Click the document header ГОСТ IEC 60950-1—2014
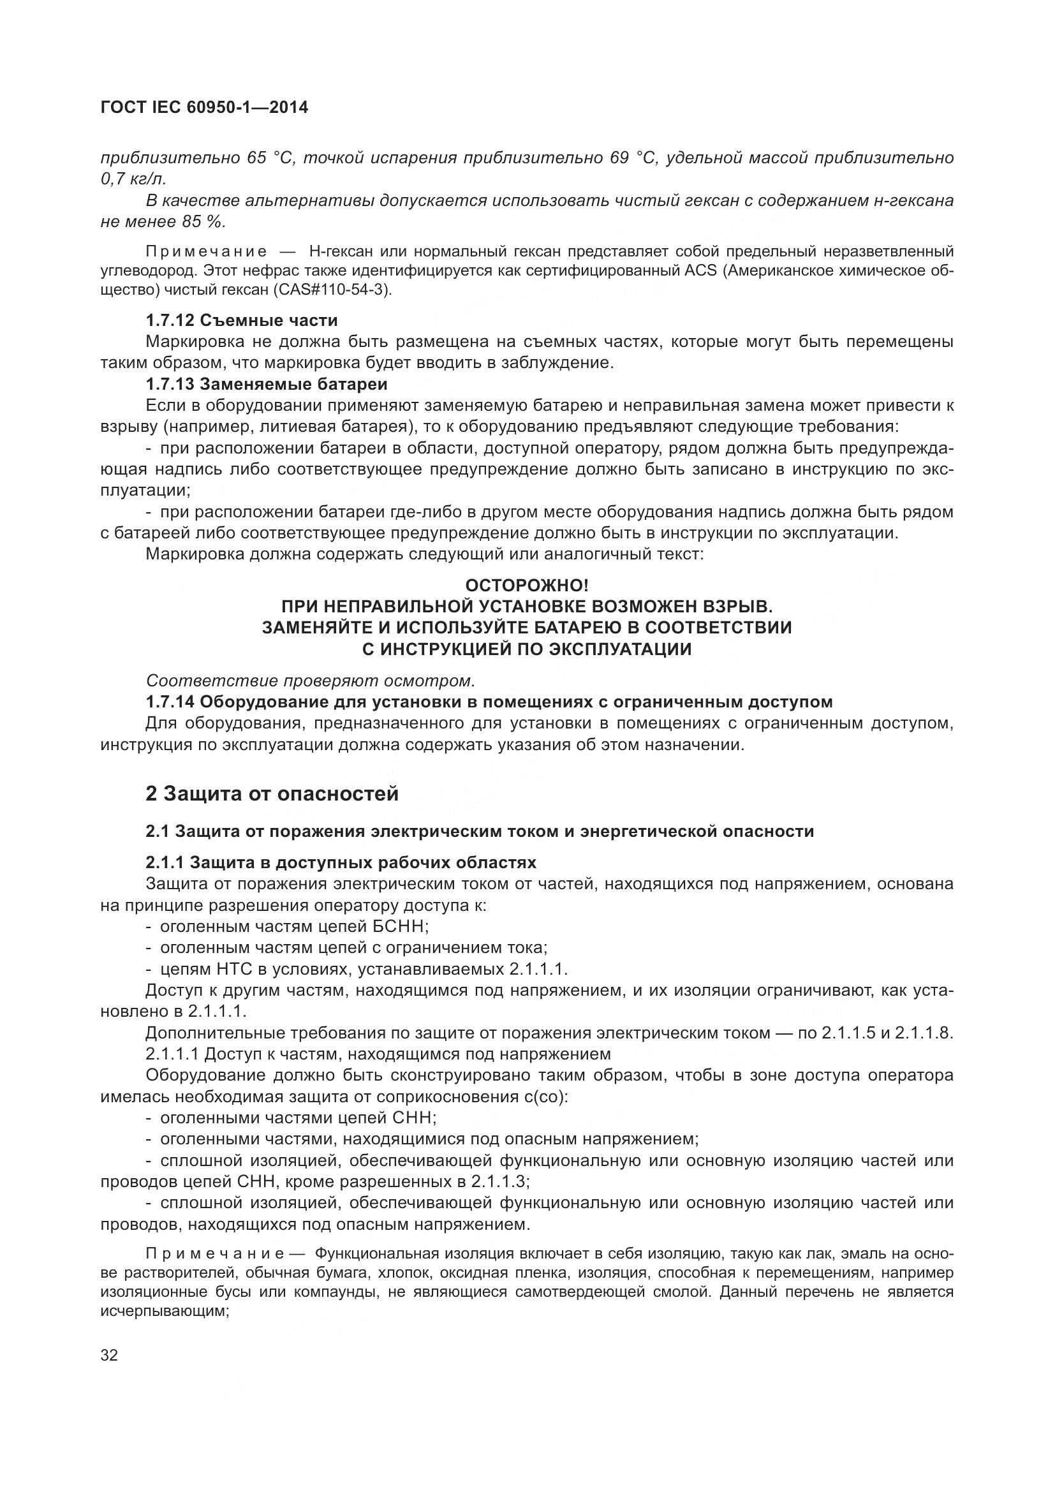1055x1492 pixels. coord(204,107)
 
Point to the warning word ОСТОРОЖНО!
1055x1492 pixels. coord(527,586)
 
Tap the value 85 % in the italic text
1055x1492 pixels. coord(203,221)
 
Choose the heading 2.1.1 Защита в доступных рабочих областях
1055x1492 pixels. coord(341,862)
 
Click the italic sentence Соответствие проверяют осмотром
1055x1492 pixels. coord(311,681)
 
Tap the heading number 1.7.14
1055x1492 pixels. coord(170,702)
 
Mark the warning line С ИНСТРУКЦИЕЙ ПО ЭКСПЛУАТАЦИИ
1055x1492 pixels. coord(527,649)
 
